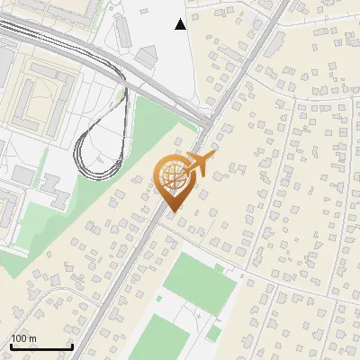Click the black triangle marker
pyautogui.click(x=181, y=24)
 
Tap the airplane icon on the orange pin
pyautogui.click(x=202, y=164)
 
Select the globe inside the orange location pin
pyautogui.click(x=173, y=175)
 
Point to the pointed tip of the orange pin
pyautogui.click(x=172, y=211)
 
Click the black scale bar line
pyautogui.click(x=41, y=346)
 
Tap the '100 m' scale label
pyautogui.click(x=23, y=338)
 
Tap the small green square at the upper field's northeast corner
pyautogui.click(x=219, y=267)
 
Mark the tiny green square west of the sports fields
pyautogui.click(x=158, y=297)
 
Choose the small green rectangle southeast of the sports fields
pyautogui.click(x=213, y=334)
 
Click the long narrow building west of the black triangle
pyautogui.click(x=126, y=30)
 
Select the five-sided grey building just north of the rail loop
pyautogui.click(x=147, y=57)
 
